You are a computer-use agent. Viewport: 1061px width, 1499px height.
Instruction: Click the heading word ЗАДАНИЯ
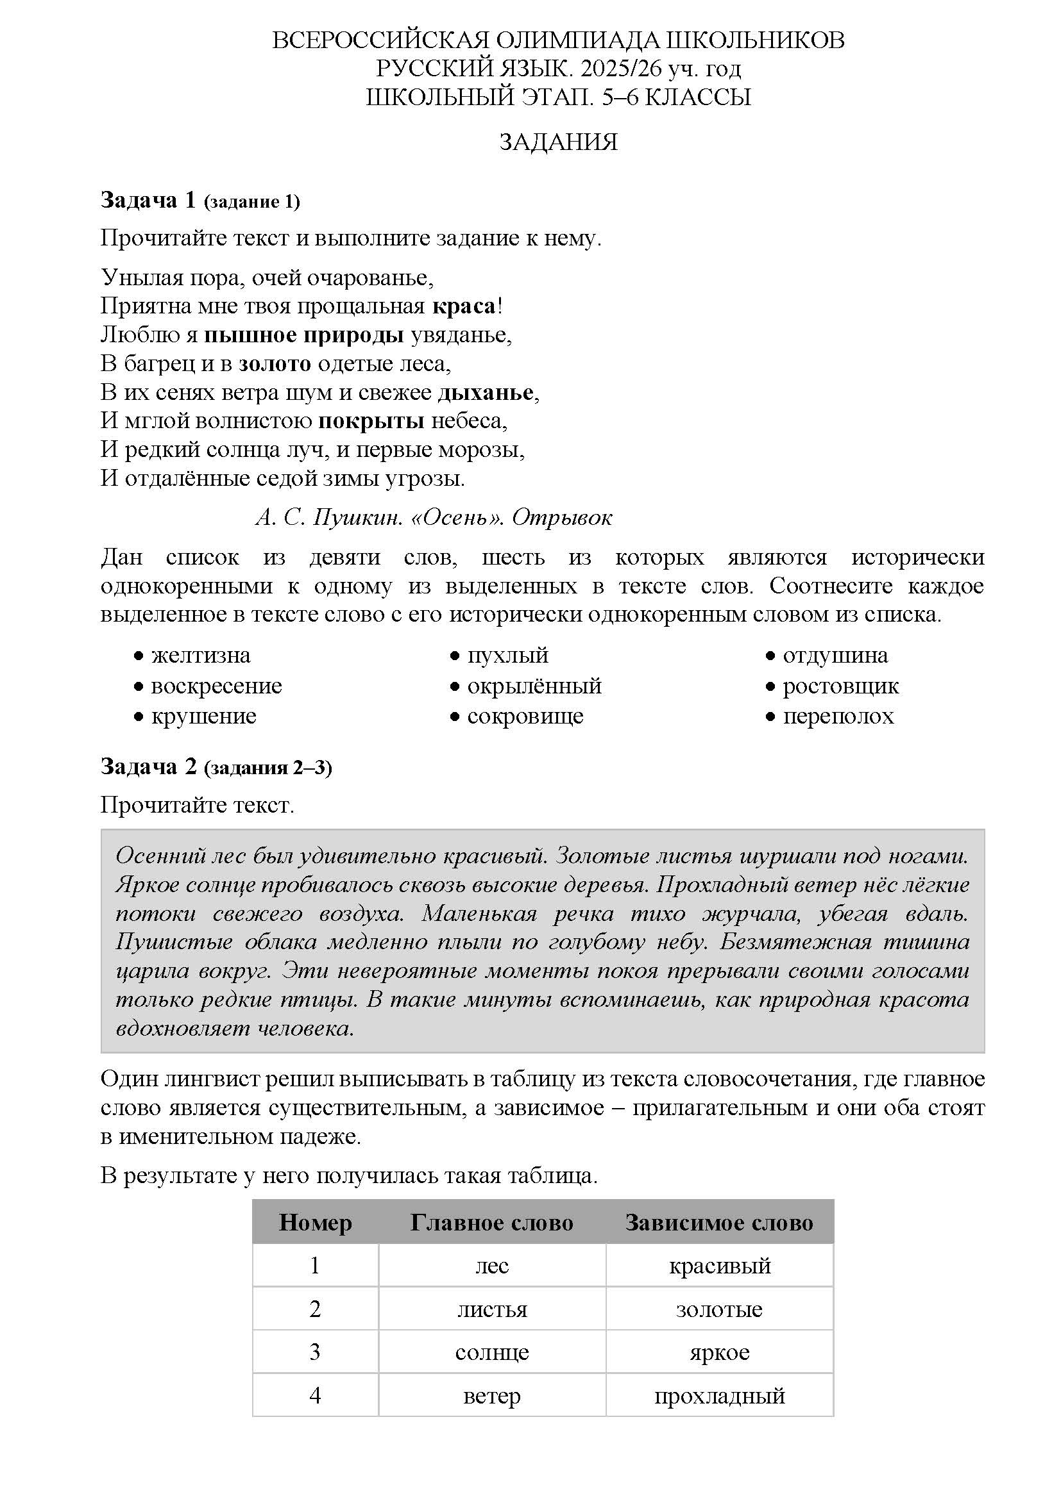558,142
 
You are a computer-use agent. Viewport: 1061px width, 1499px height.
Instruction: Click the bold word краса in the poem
464,306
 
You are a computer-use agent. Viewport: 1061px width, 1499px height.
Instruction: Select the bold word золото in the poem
275,363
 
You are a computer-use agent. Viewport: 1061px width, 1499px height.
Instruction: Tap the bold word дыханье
486,392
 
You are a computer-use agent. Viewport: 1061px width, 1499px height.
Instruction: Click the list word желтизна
201,655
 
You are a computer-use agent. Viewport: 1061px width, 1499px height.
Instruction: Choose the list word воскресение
216,686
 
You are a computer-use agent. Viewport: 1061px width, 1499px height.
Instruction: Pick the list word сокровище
525,716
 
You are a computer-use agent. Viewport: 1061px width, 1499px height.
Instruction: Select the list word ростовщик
840,686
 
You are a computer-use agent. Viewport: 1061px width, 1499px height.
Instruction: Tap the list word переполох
838,716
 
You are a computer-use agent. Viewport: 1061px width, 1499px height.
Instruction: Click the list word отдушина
835,655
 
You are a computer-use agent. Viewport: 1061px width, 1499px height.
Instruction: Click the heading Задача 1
148,201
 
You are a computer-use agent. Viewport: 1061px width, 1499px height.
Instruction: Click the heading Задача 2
149,766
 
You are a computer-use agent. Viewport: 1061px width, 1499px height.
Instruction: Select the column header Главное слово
491,1222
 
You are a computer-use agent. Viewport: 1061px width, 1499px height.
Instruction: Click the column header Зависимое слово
718,1222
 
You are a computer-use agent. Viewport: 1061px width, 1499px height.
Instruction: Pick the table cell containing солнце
491,1352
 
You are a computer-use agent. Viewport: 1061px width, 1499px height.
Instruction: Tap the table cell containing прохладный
718,1396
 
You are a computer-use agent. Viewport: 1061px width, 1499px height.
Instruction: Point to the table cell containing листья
491,1309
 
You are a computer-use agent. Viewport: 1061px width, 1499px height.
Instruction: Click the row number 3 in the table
315,1352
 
